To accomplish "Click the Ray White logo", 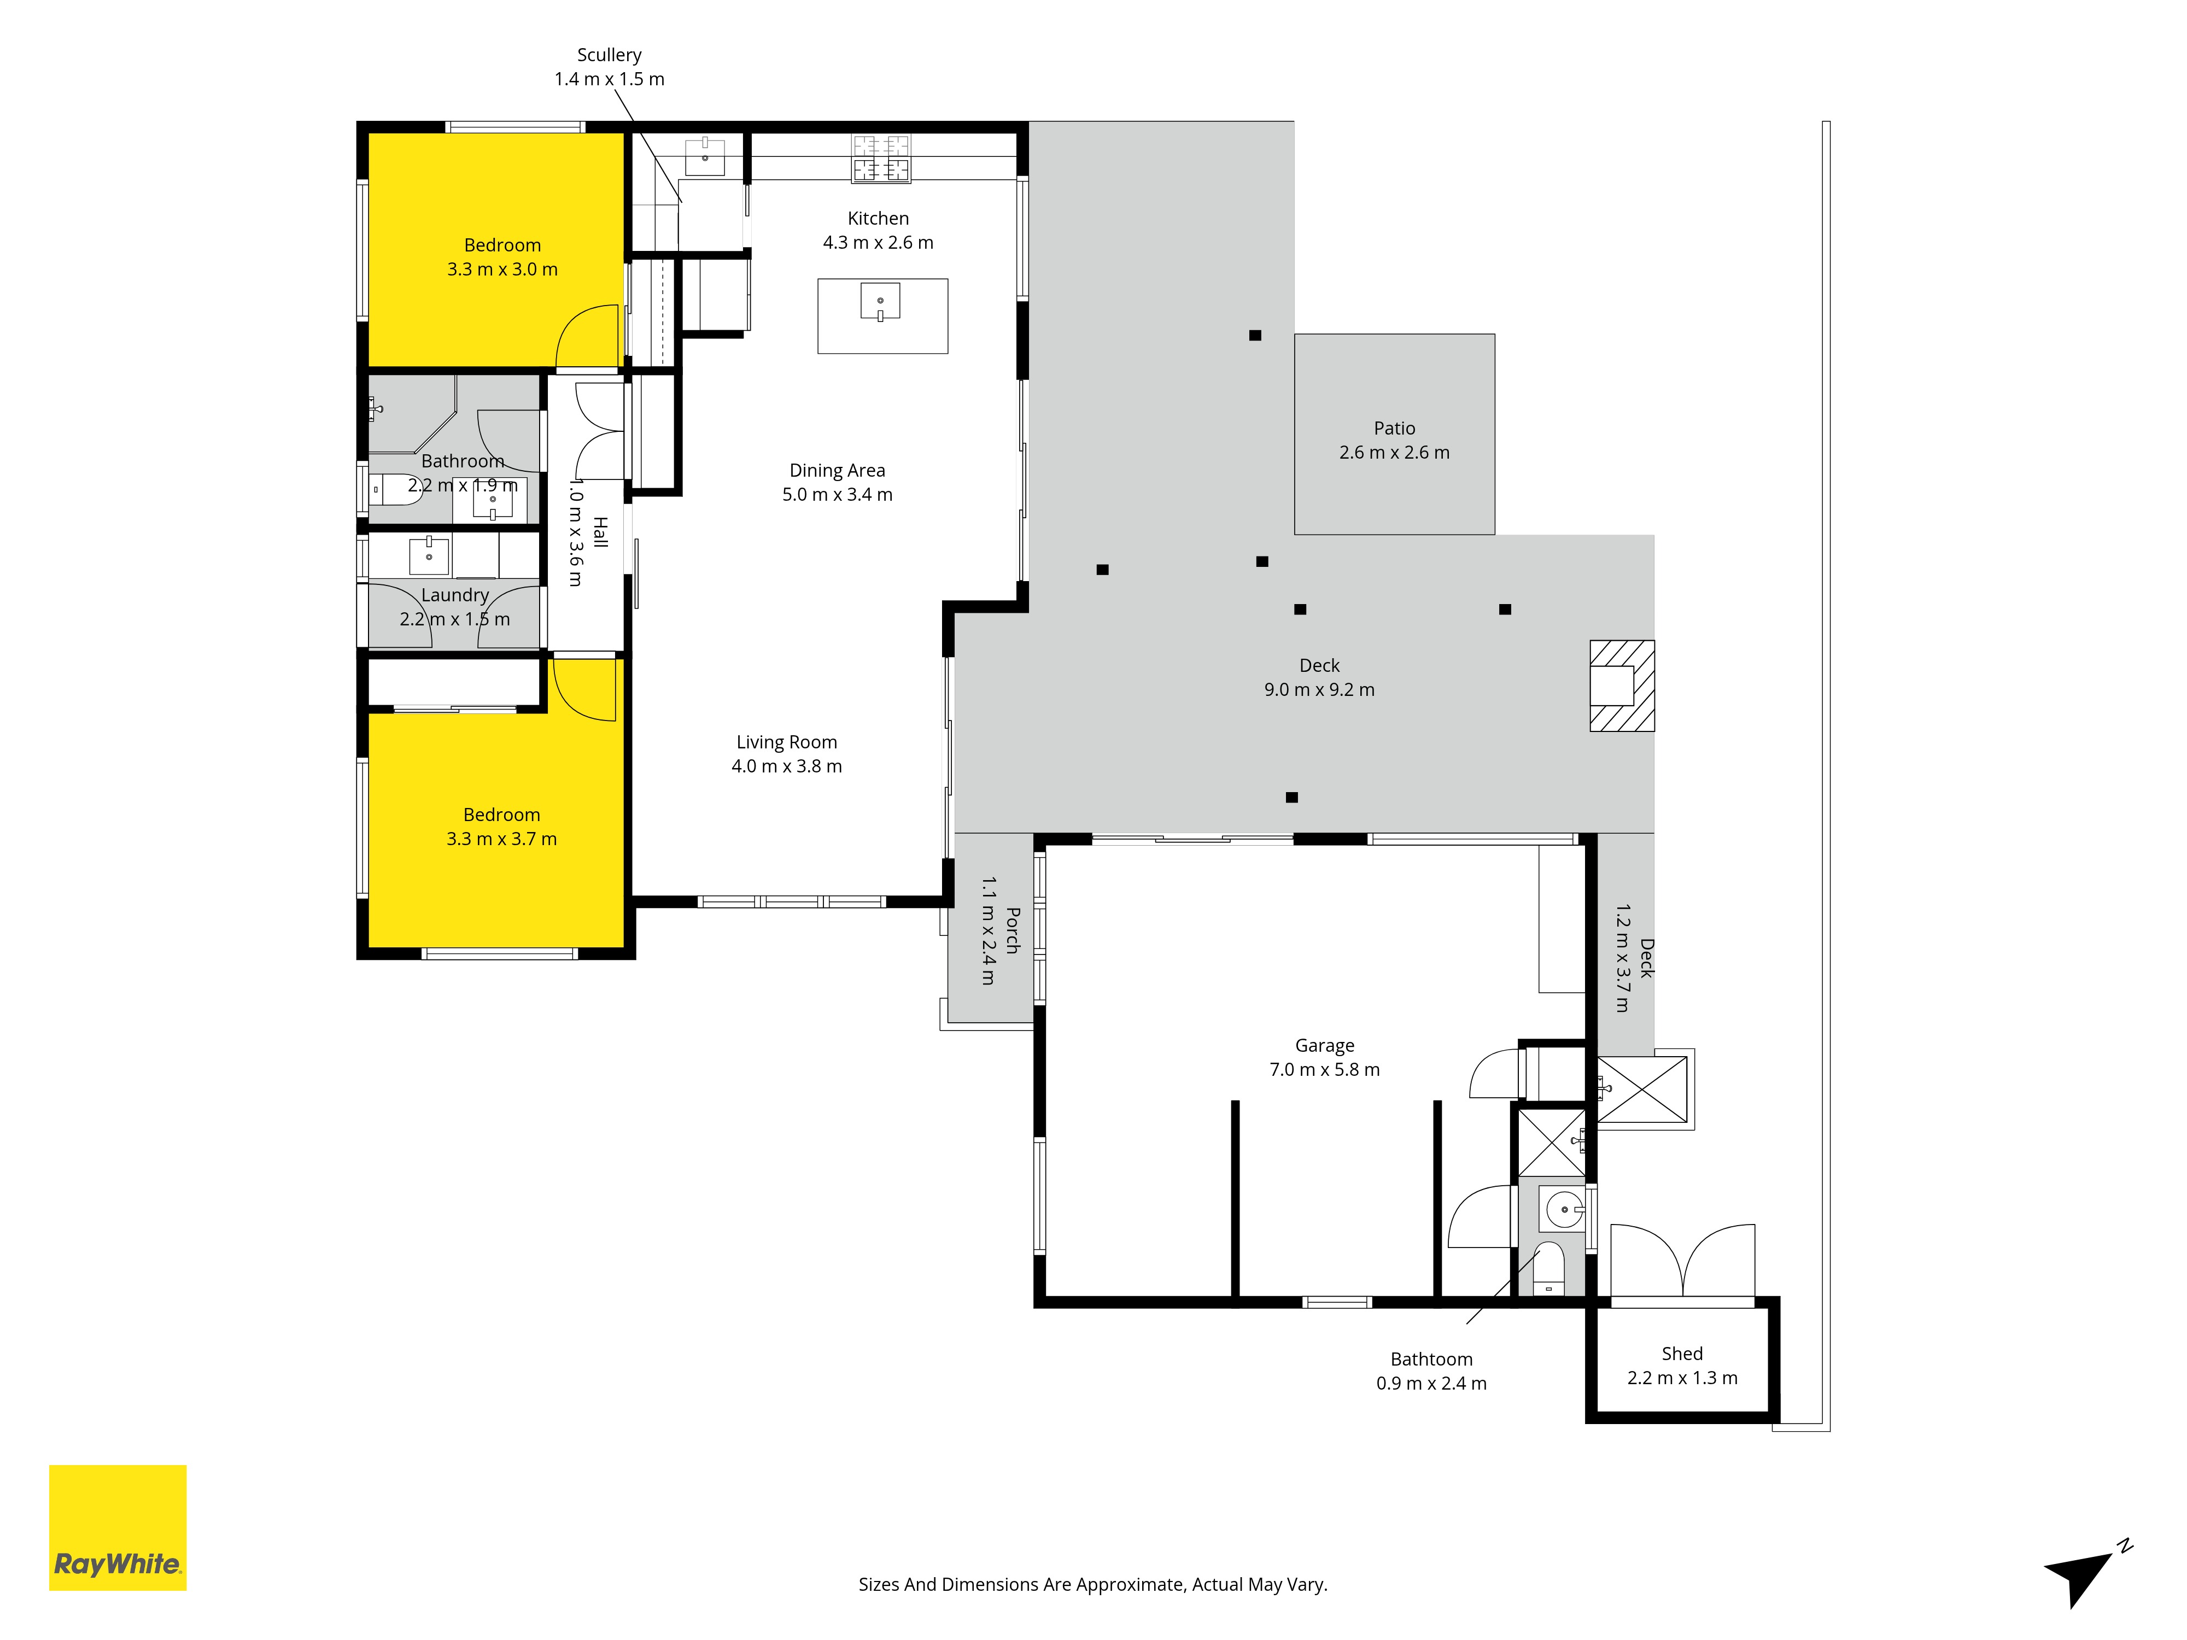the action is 118,1527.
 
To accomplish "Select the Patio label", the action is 1394,428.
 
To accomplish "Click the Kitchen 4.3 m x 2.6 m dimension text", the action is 878,242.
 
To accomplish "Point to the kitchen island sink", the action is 880,302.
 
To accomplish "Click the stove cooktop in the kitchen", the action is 881,158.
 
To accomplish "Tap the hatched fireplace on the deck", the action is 1622,686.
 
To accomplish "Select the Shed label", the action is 1682,1354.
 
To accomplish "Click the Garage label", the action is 1325,1045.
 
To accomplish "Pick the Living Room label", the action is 787,741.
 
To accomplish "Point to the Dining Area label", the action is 838,470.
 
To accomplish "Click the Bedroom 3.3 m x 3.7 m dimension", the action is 501,838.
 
